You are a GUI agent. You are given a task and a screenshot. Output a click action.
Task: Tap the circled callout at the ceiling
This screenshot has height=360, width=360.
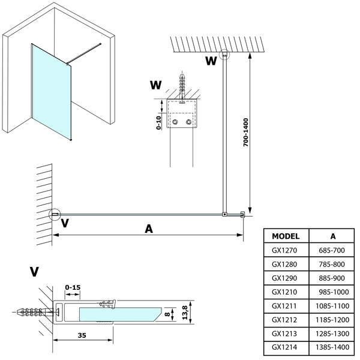224,54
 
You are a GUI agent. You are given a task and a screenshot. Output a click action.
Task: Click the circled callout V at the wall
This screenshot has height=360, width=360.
55,214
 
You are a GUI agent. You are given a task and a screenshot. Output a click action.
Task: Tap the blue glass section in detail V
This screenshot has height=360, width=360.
120,313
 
